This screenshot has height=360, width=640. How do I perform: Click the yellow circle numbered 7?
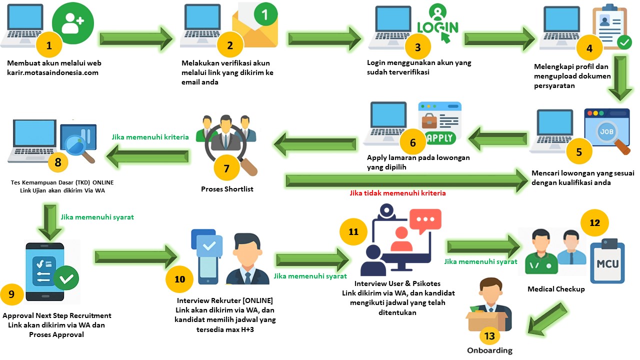pos(226,168)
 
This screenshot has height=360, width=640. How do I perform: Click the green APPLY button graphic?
pos(440,137)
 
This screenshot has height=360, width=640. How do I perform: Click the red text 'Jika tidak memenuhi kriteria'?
pos(397,192)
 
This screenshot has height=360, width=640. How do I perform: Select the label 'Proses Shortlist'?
pos(227,189)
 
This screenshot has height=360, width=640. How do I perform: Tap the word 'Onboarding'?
pos(489,350)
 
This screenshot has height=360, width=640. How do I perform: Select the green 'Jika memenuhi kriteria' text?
pos(150,136)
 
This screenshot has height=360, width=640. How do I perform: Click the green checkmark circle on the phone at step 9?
pos(66,277)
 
